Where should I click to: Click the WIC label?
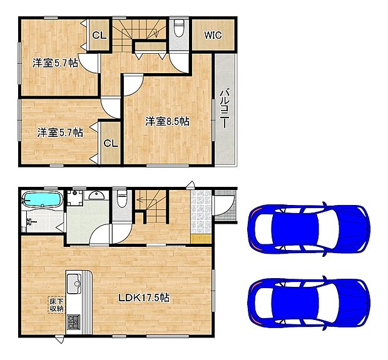[x=213, y=35]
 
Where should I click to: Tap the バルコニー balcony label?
[x=223, y=110]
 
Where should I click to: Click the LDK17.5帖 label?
[x=144, y=299]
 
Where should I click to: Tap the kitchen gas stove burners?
[x=74, y=322]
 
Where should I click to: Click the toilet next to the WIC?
[x=179, y=28]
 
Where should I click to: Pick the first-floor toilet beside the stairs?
[x=122, y=200]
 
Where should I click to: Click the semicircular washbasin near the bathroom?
[x=96, y=196]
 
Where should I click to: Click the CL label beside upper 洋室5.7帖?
[x=99, y=36]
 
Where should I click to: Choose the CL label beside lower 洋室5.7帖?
[x=110, y=143]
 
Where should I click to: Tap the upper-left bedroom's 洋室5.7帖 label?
[x=55, y=62]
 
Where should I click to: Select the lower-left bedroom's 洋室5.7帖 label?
[x=59, y=132]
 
